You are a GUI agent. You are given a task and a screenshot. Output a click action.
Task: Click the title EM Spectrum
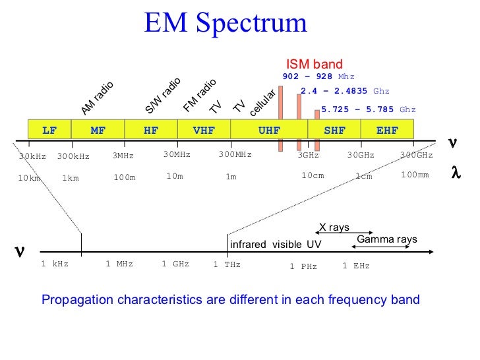point(225,23)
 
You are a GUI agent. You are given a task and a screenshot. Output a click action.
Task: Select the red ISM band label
point(314,64)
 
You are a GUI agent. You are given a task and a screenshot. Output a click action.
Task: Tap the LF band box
point(49,131)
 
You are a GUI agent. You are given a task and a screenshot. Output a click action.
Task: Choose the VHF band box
point(204,131)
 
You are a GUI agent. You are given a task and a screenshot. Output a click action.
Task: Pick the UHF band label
point(268,131)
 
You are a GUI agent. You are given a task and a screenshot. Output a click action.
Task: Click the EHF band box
point(387,131)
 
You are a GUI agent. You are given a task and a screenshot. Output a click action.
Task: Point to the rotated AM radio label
point(97,98)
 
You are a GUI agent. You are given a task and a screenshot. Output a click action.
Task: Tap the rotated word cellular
point(262,103)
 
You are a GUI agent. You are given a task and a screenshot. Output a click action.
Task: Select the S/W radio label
point(163,96)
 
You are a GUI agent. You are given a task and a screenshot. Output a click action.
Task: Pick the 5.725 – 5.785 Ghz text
point(369,109)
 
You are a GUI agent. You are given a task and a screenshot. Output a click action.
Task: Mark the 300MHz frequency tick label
point(235,155)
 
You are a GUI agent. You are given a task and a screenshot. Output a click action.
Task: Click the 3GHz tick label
point(308,156)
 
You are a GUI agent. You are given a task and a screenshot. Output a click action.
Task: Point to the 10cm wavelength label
point(313,175)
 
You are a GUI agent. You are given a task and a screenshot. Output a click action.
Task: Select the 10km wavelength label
point(29,178)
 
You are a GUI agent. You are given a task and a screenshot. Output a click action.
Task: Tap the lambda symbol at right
point(455,173)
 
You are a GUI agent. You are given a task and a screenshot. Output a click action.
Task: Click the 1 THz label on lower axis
point(227,265)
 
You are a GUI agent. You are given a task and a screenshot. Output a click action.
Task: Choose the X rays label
point(334,227)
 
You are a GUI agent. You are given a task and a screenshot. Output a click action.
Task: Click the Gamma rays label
point(386,239)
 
